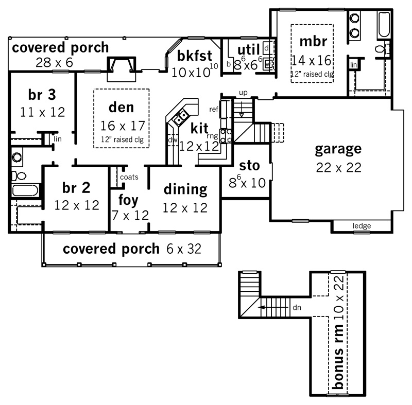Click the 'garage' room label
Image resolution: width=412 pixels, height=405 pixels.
click(x=338, y=150)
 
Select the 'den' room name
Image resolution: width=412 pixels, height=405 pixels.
click(x=122, y=108)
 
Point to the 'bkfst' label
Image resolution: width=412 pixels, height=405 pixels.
click(x=193, y=56)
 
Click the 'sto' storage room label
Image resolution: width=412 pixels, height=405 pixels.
click(x=250, y=166)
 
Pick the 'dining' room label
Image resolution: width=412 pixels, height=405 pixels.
click(x=185, y=189)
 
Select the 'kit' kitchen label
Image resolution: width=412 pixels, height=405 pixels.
click(x=199, y=128)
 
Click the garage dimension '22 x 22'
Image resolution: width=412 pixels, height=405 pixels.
click(x=338, y=167)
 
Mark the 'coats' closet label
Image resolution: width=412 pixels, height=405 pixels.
click(x=129, y=177)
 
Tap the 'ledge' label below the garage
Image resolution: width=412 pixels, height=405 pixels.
click(x=362, y=226)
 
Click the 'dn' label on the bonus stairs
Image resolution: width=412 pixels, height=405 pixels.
click(x=297, y=308)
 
